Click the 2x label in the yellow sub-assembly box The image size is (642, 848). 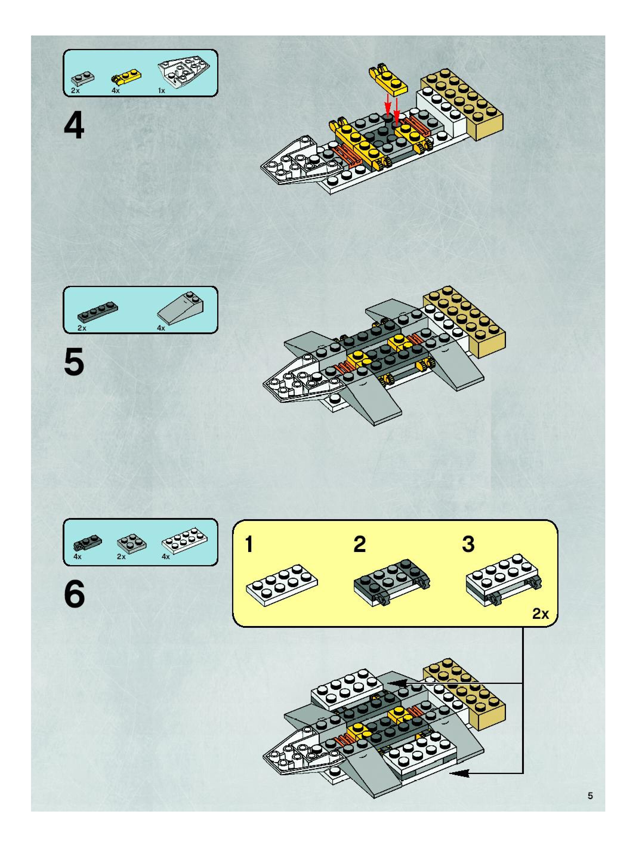(540, 614)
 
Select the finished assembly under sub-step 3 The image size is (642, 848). (503, 580)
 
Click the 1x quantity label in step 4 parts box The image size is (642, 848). (161, 91)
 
